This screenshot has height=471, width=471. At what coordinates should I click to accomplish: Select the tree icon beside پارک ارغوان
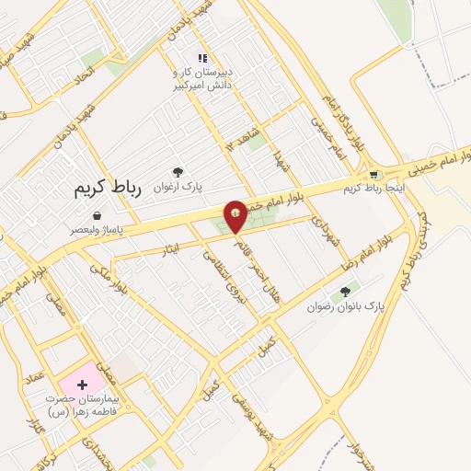(x=178, y=171)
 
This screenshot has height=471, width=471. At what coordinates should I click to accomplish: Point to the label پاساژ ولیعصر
(x=97, y=229)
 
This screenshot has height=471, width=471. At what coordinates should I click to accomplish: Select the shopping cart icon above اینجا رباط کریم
(x=373, y=176)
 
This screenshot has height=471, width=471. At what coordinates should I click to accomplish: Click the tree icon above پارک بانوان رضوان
(x=345, y=293)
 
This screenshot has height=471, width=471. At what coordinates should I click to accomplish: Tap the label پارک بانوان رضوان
(x=346, y=306)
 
